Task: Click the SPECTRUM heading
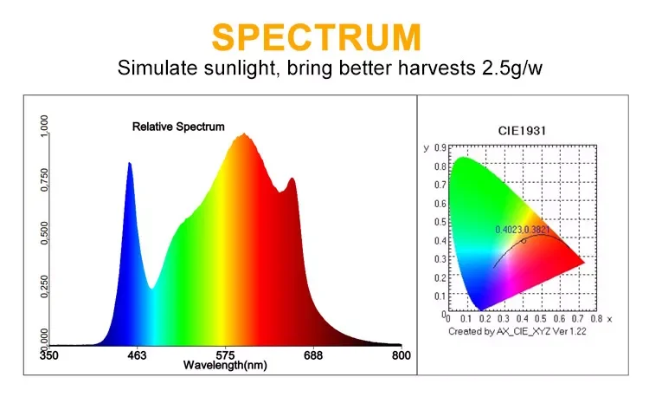317,37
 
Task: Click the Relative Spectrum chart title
177,127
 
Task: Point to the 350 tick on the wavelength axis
49,355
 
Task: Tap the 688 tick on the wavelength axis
312,355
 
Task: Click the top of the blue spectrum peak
130,163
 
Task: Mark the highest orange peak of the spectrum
244,134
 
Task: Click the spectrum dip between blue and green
151,288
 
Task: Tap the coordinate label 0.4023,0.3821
523,230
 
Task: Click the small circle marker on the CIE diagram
524,241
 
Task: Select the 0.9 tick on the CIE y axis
440,148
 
